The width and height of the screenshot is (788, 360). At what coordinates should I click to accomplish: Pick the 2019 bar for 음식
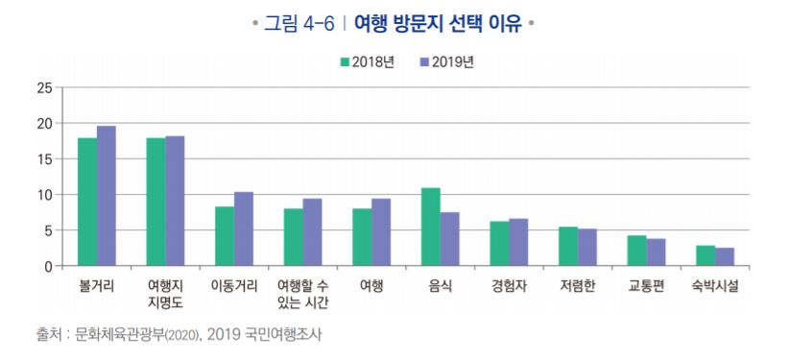[449, 239]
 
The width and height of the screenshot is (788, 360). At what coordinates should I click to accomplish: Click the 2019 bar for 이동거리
[244, 228]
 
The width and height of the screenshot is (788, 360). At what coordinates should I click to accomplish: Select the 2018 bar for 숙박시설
[705, 255]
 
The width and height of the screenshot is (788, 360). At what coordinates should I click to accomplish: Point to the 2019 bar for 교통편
[656, 252]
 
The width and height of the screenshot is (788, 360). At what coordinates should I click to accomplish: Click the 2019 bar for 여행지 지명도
[175, 201]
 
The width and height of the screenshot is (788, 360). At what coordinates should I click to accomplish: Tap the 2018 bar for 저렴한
[568, 246]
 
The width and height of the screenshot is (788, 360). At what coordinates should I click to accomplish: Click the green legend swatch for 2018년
[344, 62]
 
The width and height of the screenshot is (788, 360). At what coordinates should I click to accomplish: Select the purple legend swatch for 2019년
[424, 62]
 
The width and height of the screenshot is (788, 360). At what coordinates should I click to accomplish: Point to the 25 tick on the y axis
[43, 88]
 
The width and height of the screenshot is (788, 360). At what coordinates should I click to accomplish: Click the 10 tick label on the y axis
[43, 195]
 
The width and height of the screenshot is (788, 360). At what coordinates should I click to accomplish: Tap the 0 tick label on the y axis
[47, 266]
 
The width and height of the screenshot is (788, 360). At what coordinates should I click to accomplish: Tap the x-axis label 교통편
[646, 286]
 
